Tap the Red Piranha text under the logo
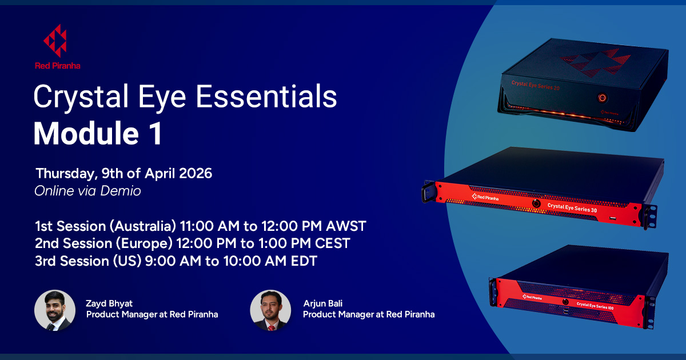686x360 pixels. (x=57, y=66)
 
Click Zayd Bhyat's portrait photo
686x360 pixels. (x=55, y=311)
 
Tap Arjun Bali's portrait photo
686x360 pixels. (x=271, y=311)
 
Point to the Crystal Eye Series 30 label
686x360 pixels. (x=572, y=206)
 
